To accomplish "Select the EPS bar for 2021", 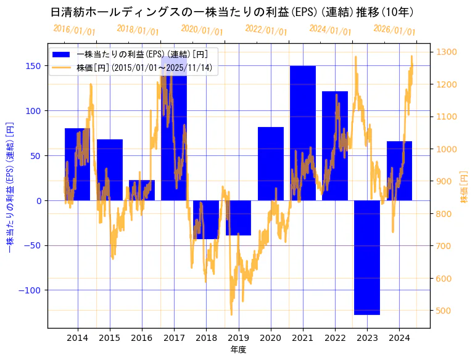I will coord(303,133).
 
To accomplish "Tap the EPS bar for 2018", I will coord(206,219).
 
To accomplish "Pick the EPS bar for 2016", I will coord(142,190).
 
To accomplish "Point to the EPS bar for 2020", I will coord(271,163).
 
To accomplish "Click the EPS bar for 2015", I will coord(110,170).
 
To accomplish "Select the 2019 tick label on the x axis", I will coord(238,338).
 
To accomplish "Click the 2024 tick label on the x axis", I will coord(399,338).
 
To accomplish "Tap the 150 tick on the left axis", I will coord(35,66).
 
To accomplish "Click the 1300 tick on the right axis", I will coord(447,52).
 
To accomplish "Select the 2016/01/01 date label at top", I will coord(74,30).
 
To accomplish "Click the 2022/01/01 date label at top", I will coord(266,30).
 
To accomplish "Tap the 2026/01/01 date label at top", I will coord(395,30).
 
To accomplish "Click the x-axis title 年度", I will coord(238,350).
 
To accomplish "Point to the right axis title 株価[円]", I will coord(465,187).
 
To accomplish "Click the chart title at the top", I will coord(232,12).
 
